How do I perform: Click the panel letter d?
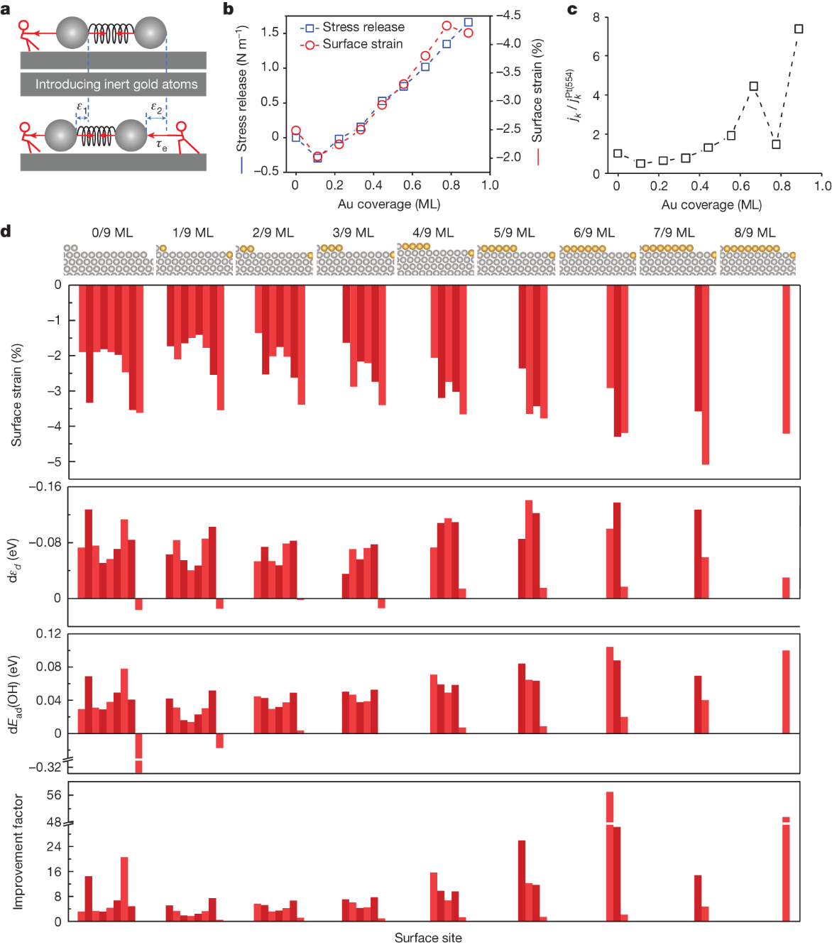6,231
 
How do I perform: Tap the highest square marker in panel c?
799,29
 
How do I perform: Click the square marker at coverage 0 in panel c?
618,153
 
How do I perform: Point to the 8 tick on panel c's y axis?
596,17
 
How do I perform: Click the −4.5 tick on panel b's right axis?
508,15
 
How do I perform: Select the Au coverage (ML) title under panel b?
388,204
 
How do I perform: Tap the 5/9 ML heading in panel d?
514,233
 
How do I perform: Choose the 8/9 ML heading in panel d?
755,233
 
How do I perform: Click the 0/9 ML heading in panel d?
112,233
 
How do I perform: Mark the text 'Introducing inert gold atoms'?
116,84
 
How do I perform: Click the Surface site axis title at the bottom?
428,938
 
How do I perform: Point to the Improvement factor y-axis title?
18,851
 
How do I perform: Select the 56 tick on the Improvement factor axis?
54,795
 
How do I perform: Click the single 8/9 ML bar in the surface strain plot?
786,359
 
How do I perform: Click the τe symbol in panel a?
162,146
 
